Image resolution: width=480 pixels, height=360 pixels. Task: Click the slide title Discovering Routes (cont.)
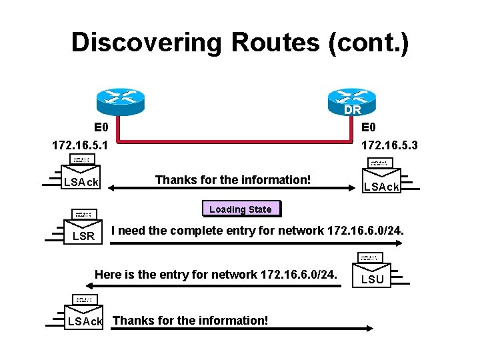point(239,42)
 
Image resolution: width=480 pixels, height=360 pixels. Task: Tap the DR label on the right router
point(353,110)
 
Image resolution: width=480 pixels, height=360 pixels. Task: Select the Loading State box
point(240,209)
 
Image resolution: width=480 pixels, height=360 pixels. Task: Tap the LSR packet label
point(83,237)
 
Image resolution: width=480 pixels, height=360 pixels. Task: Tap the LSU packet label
point(372,279)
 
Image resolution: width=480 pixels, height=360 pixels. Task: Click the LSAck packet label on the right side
point(380,187)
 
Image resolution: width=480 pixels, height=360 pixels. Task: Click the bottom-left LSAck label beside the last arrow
point(85,321)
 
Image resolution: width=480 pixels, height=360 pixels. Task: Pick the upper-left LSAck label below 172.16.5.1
point(81,182)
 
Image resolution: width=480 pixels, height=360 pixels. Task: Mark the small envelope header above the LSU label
point(372,257)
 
